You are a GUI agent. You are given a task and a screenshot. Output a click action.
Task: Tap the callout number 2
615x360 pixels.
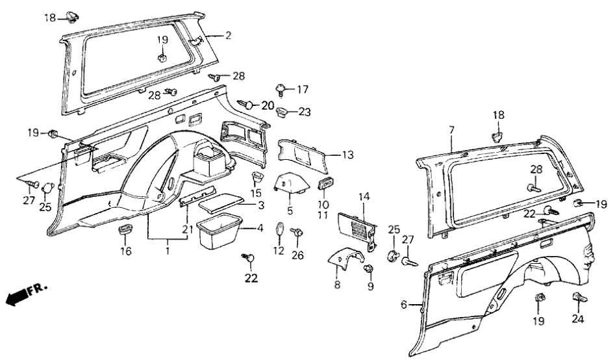click(227, 36)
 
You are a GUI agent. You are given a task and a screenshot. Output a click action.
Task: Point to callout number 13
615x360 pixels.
click(348, 154)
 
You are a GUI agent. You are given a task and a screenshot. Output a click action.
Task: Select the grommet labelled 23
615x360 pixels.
click(284, 112)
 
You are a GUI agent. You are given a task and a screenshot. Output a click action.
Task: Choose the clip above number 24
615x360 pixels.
click(577, 298)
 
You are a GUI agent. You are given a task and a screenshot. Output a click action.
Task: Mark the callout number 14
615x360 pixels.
click(363, 196)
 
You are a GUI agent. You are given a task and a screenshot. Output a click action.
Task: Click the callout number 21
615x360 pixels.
click(187, 229)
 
